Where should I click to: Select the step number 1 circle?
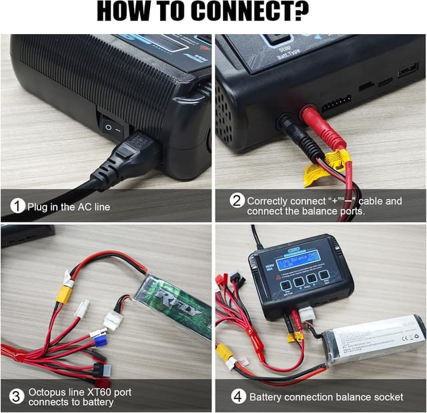pos(18,206)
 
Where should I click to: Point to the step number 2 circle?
pos(236,201)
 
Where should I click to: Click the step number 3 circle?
pos(17,396)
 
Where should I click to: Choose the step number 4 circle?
pos(237,396)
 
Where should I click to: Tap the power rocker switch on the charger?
pos(112,125)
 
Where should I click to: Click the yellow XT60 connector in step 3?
pos(64,294)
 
